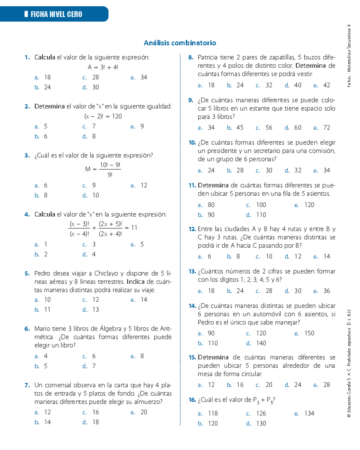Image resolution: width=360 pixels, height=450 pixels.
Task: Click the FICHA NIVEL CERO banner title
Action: click(x=56, y=14)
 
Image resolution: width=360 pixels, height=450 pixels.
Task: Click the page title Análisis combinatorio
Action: click(x=180, y=43)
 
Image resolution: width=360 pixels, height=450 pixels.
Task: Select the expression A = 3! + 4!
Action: click(x=103, y=67)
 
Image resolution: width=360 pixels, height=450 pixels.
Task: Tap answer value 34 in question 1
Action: click(x=144, y=77)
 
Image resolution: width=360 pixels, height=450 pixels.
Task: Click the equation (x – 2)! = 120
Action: click(x=103, y=116)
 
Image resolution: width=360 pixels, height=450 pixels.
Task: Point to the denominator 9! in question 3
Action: click(x=110, y=174)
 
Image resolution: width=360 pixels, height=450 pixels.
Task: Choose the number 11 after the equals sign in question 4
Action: click(x=134, y=228)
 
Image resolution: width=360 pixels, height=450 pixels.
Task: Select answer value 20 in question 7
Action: click(x=144, y=412)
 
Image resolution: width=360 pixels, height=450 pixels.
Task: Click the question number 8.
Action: click(x=191, y=57)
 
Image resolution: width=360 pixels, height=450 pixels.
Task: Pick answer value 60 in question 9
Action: click(x=298, y=128)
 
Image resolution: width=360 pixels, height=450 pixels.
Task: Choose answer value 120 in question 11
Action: click(x=309, y=205)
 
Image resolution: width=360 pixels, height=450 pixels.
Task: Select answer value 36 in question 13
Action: click(x=326, y=291)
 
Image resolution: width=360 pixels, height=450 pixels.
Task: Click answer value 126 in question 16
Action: click(x=261, y=413)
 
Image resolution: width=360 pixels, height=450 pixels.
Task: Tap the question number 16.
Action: click(x=192, y=400)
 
